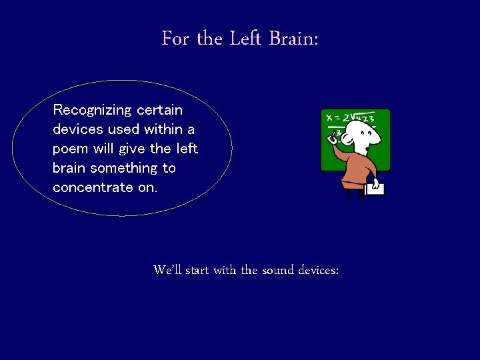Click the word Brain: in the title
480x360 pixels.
click(x=293, y=39)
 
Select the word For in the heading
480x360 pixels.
click(x=175, y=39)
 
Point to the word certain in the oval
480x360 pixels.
click(x=159, y=109)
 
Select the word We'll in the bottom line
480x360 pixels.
click(x=167, y=270)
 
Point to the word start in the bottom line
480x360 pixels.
click(x=197, y=270)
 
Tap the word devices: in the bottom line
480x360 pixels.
click(x=319, y=270)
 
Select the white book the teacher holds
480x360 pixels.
click(x=374, y=189)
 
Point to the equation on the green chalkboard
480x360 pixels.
click(x=350, y=118)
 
